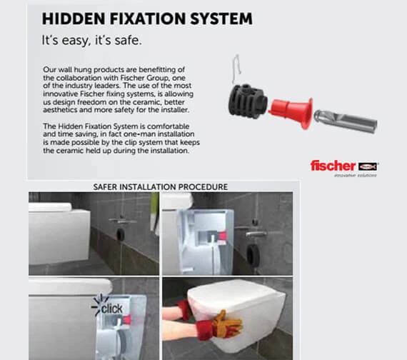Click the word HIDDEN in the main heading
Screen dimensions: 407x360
(74, 19)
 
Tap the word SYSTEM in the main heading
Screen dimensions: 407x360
(221, 19)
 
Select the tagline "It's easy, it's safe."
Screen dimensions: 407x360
(92, 41)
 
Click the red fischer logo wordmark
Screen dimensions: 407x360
(333, 166)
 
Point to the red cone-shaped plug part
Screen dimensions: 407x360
(291, 111)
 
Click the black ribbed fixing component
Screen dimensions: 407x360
(248, 101)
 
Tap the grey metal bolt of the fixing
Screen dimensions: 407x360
(346, 121)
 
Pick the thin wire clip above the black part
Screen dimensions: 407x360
(236, 69)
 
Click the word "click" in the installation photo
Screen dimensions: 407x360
(112, 309)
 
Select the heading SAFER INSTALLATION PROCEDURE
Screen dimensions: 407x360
(161, 186)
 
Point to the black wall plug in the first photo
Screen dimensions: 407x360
(121, 235)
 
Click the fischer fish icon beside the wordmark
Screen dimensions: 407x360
(368, 166)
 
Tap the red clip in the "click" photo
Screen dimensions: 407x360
(126, 319)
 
